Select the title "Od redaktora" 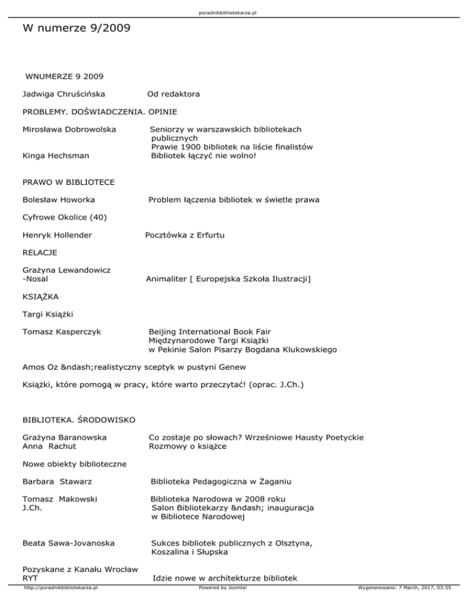click(173, 95)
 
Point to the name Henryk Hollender click(57, 235)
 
